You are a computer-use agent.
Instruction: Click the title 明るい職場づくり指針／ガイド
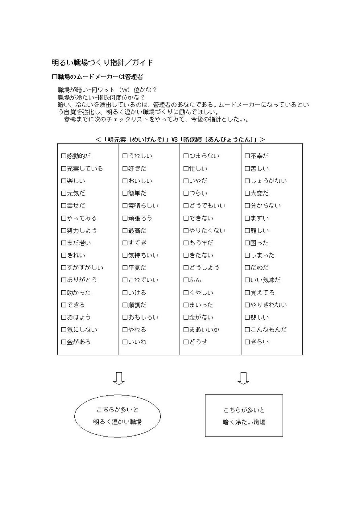point(102,62)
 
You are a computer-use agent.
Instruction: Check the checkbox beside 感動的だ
point(64,156)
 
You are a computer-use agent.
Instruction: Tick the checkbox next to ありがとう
point(64,280)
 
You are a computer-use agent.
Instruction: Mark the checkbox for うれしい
point(125,156)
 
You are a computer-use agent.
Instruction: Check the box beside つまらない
point(186,156)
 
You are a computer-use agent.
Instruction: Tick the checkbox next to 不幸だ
point(247,156)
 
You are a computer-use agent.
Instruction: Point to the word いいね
point(137,342)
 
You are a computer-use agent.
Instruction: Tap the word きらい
point(259,342)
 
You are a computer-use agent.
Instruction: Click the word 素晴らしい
point(143,206)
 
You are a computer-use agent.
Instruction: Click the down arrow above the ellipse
point(119,378)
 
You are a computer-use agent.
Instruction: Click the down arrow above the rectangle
point(243,378)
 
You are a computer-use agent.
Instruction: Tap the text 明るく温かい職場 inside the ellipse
point(117,422)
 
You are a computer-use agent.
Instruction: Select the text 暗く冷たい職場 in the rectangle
point(244,422)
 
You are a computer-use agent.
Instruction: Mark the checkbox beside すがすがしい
point(64,268)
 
